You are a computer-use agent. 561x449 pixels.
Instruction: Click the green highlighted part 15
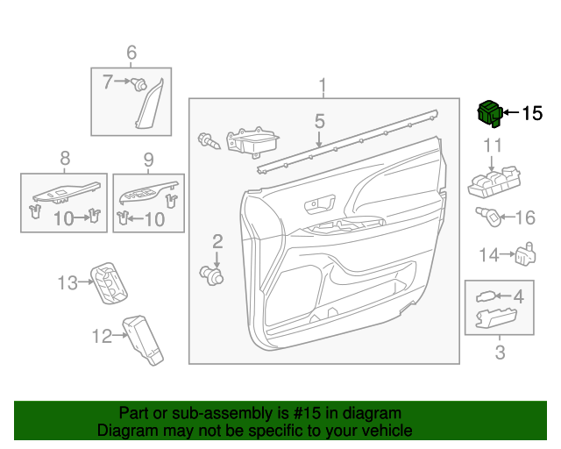point(489,113)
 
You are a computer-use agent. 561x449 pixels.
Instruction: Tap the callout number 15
point(532,113)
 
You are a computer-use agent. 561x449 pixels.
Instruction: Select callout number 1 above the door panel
point(323,85)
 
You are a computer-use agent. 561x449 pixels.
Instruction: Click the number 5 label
point(320,121)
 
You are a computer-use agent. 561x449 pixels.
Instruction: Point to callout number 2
point(217,240)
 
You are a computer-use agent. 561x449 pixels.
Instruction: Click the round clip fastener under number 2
point(213,276)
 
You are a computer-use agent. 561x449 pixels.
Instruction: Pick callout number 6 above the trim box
point(131,53)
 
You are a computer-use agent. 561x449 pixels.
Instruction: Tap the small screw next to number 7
point(138,84)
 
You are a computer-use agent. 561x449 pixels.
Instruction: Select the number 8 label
point(64,159)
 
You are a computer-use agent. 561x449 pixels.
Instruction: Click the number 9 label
point(148,159)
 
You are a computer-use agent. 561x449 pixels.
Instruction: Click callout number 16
point(525,218)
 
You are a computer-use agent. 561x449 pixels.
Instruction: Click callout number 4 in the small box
point(518,296)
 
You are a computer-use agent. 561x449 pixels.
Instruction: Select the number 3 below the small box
point(500,353)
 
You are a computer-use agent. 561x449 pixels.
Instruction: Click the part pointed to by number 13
point(110,282)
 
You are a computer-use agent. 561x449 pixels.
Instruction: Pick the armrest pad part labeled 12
point(142,339)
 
